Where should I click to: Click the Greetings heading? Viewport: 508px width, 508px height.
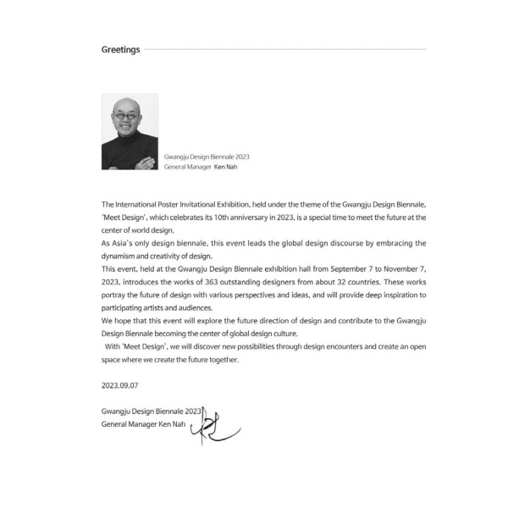121,50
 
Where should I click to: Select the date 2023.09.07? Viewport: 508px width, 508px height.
119,385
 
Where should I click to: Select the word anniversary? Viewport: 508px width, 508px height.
276,218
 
